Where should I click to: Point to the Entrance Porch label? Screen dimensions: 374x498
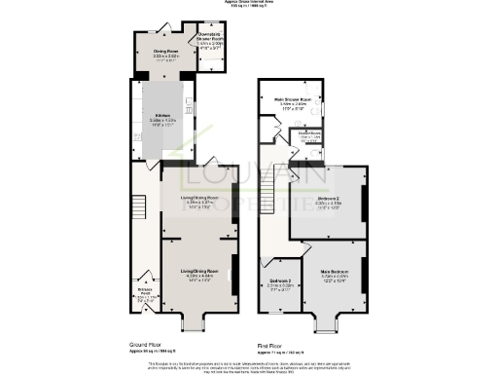(x=144, y=290)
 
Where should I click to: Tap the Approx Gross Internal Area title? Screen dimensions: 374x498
(x=249, y=4)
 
